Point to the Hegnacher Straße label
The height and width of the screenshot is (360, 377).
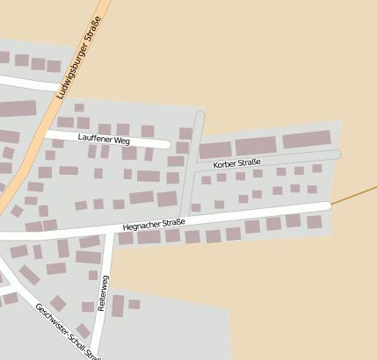156,225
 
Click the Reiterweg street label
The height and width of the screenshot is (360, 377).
105,292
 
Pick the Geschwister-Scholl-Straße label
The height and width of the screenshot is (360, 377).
69,332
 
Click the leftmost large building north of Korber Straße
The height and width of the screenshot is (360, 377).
215,149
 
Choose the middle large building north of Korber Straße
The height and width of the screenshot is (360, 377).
256,146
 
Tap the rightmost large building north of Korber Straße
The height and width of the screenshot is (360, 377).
307,140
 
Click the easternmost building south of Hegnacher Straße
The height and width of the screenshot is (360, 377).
314,222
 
